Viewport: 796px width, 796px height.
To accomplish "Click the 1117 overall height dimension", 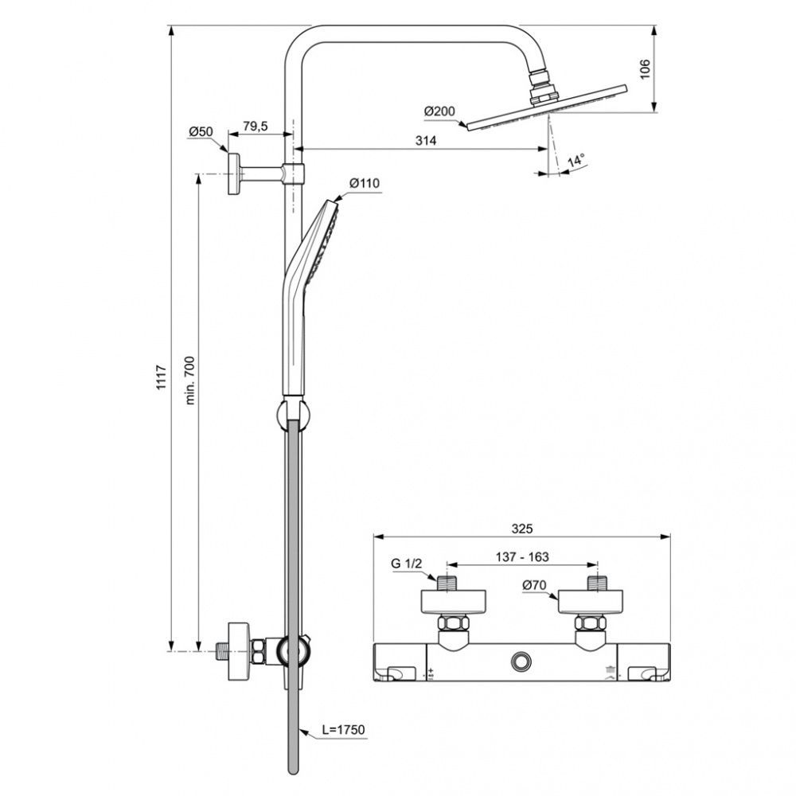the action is coord(161,377).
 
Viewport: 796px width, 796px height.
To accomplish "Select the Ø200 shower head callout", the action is coord(439,111).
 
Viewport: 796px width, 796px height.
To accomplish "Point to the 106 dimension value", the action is coord(644,69).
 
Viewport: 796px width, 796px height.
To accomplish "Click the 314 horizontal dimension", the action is coord(425,141).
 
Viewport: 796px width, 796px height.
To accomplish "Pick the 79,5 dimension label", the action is coord(255,126).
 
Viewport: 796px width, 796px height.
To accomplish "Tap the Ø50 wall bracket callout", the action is coord(201,132).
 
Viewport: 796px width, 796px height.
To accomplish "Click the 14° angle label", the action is coord(576,161).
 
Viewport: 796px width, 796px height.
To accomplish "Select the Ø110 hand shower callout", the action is coord(365,183).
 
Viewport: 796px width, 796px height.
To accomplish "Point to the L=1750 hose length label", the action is coord(344,730).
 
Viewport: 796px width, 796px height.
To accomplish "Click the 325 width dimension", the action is coord(522,529).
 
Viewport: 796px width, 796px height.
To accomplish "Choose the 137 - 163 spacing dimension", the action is coord(522,557).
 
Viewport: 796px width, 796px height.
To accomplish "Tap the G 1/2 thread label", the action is coord(406,563).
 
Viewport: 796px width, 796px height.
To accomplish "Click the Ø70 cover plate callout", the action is coord(534,585).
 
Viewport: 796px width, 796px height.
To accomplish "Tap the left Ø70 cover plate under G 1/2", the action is coord(454,602).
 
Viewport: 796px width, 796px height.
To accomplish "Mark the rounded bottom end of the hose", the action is coord(293,769).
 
